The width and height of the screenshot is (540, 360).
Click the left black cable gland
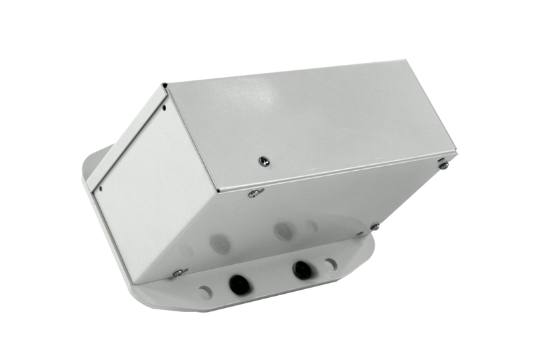[x=239, y=284]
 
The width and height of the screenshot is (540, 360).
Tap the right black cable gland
[x=302, y=270]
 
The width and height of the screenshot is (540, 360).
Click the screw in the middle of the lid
[x=263, y=161]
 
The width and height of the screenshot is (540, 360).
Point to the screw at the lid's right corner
[x=443, y=164]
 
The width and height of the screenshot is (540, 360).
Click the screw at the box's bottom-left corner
[x=178, y=273]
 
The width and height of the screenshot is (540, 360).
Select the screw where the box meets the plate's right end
[x=375, y=227]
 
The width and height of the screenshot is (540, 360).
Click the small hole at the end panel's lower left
[x=100, y=190]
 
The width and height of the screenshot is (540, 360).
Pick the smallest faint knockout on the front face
[x=311, y=226]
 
